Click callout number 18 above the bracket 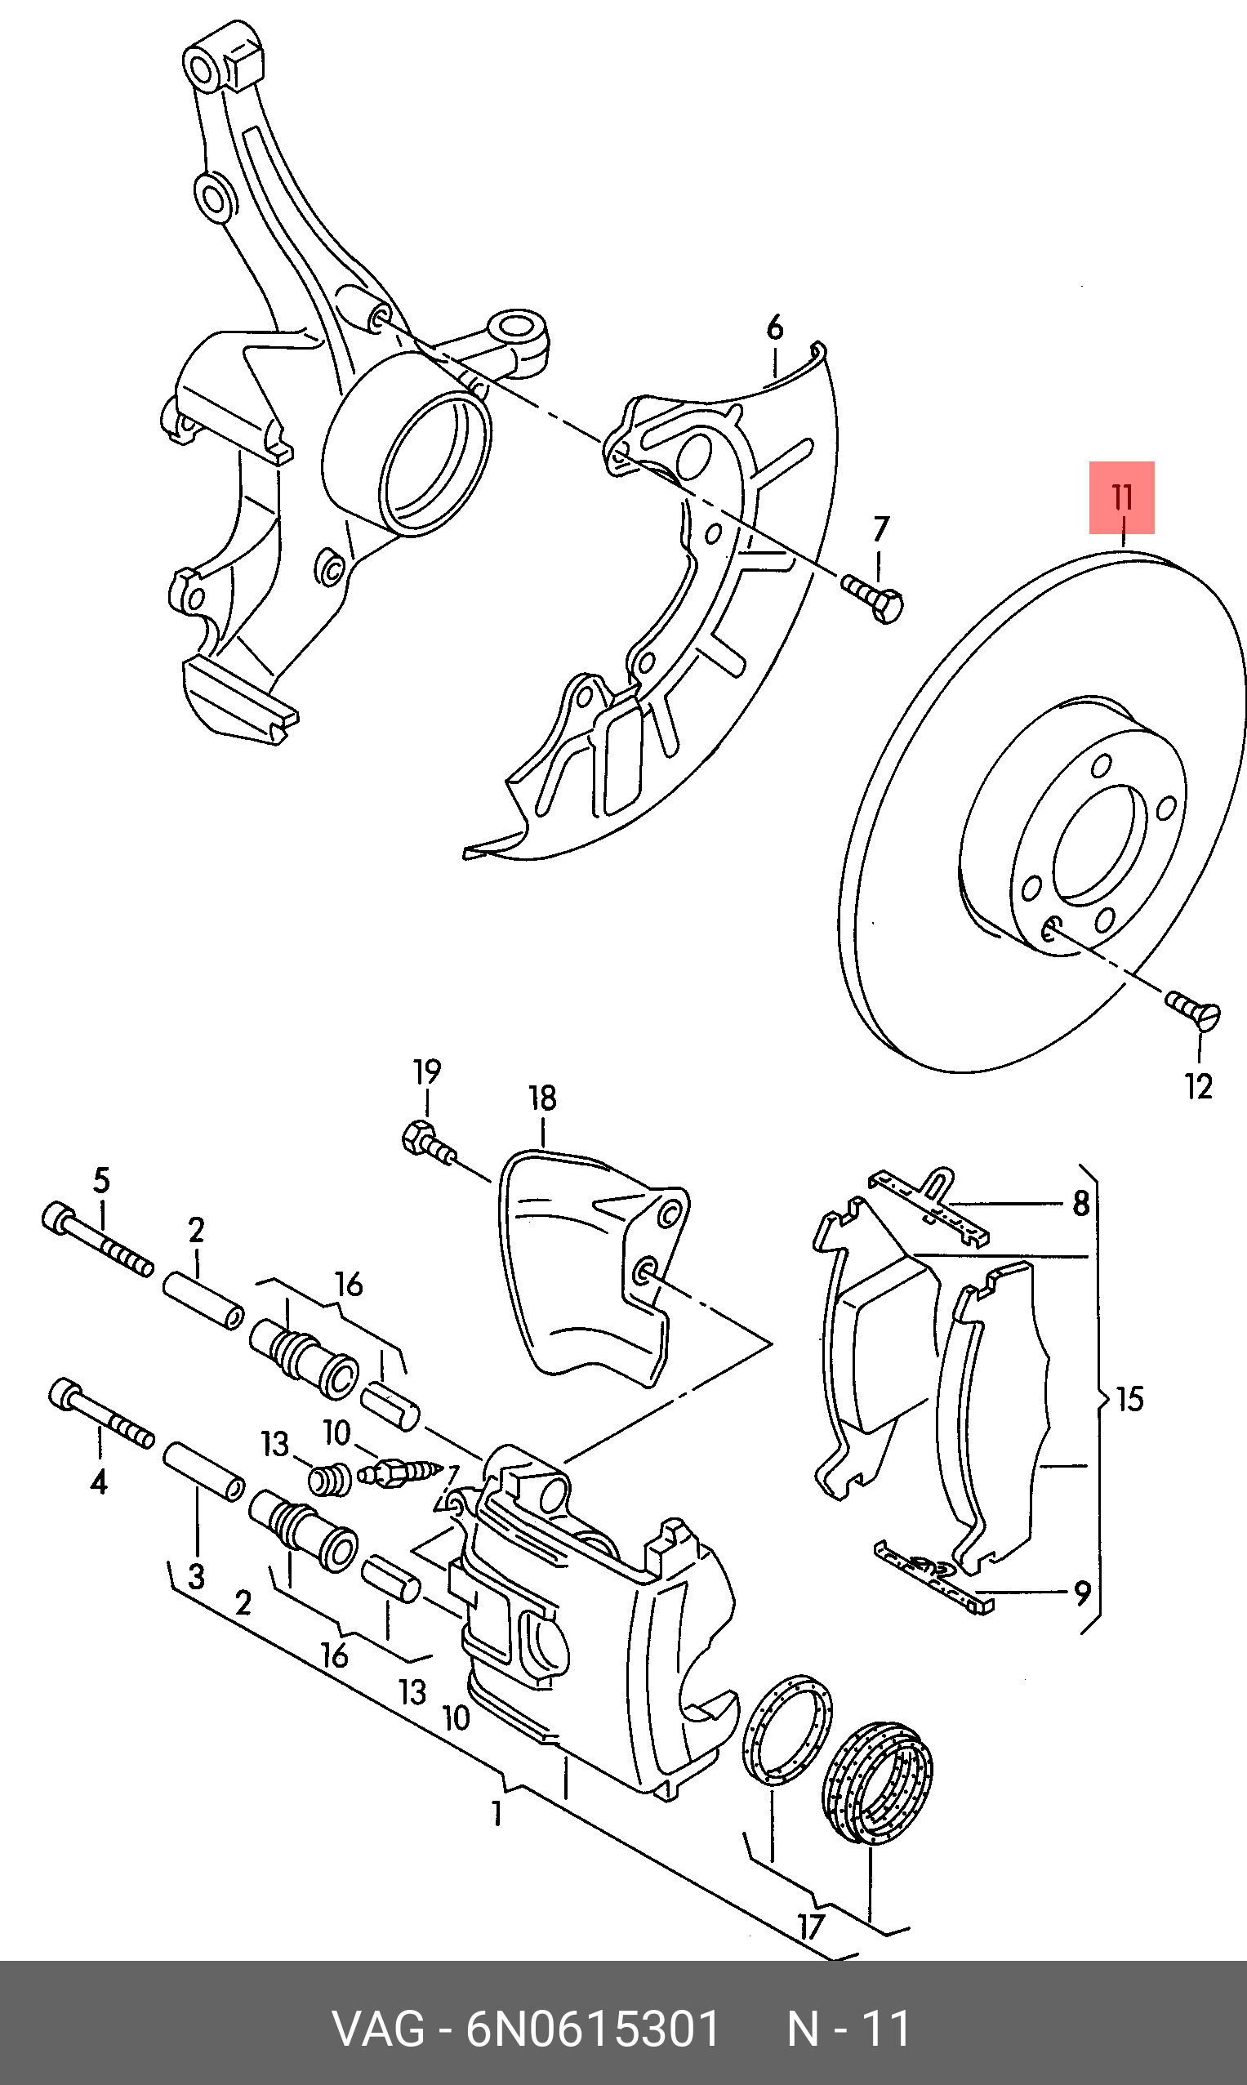(x=543, y=1098)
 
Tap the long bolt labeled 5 (x=96, y=1241)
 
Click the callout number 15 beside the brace (x=1130, y=1399)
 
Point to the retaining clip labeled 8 (x=930, y=1205)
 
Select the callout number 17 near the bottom (x=810, y=1927)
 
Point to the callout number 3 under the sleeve (x=196, y=1575)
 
